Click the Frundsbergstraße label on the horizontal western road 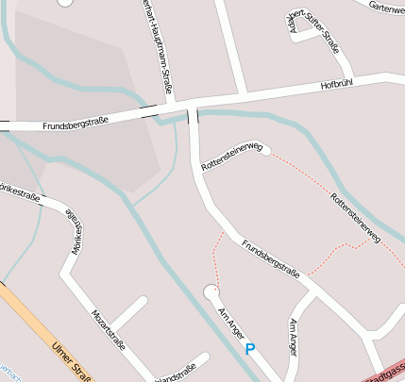[75, 124]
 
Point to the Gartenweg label [387, 7]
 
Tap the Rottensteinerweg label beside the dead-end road [230, 156]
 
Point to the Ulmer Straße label [71, 359]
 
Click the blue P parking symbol [250, 349]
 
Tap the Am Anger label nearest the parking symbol [232, 324]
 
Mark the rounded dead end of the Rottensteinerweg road [267, 148]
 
